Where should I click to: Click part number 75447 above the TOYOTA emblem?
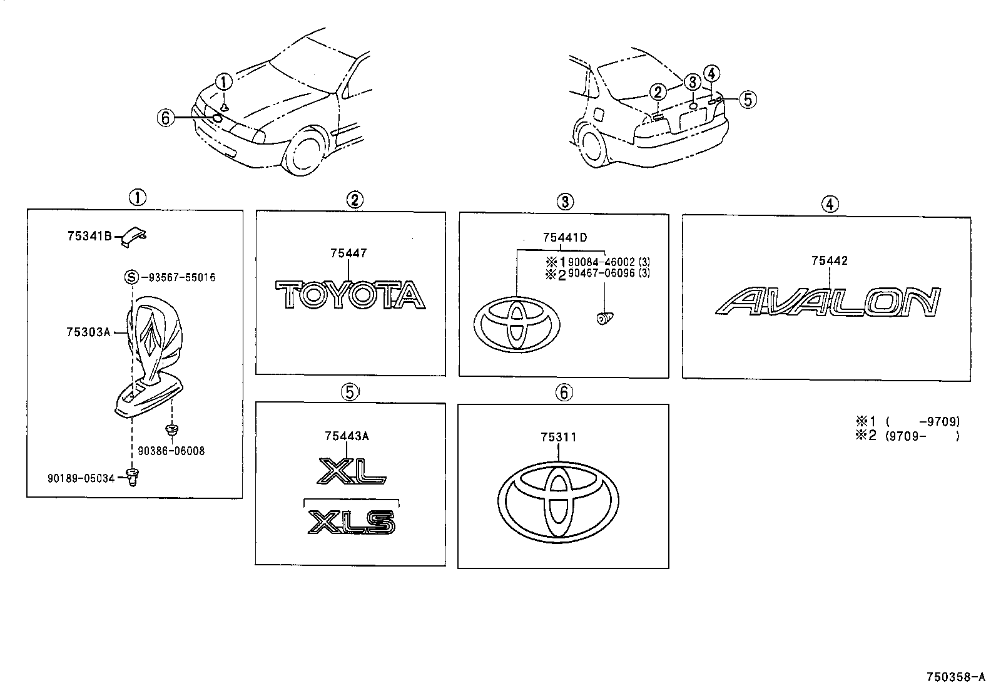pos(348,253)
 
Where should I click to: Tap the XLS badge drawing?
pos(352,521)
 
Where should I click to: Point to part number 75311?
pos(559,437)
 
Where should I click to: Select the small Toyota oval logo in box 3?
pos(517,324)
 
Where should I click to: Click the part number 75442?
pos(829,260)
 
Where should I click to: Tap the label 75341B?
pos(89,236)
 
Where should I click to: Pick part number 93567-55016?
pos(178,277)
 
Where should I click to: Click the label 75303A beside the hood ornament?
pos(88,332)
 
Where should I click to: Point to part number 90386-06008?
pos(171,451)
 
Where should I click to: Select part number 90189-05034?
pos(81,478)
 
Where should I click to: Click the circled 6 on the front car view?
pos(165,117)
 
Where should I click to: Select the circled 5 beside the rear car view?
pos(748,99)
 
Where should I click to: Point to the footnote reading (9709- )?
pos(922,436)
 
